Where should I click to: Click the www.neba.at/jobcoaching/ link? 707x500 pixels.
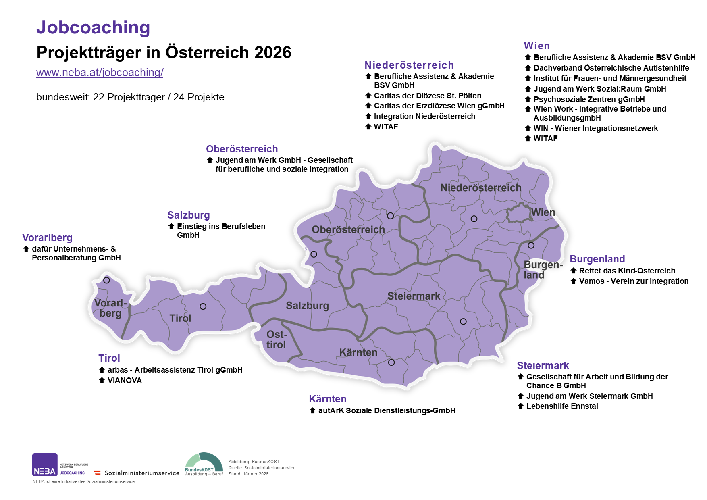point(100,73)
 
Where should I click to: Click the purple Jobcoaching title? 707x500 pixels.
point(93,27)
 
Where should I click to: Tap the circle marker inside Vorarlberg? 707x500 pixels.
point(106,280)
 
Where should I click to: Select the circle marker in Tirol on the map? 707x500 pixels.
point(203,306)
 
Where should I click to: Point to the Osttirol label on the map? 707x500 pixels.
point(276,340)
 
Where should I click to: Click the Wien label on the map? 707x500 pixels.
point(543,212)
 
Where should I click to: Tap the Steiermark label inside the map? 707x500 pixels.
point(414,296)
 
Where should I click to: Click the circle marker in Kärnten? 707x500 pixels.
point(391,362)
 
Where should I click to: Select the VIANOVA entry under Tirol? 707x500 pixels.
point(125,380)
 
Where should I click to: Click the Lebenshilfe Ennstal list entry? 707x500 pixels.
point(562,406)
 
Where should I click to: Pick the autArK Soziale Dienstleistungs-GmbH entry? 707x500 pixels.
point(387,410)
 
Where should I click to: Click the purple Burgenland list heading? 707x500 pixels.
point(597,259)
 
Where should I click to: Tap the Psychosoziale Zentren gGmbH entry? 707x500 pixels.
point(589,99)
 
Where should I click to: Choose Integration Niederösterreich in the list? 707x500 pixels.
point(424,116)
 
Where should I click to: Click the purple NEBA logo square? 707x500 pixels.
point(45,465)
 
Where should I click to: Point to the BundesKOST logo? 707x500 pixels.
point(204,464)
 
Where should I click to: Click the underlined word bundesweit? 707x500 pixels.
point(62,97)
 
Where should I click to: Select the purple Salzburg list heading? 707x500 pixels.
point(188,215)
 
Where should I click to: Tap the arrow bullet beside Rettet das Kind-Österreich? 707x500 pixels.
point(573,271)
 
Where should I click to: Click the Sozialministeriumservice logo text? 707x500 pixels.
point(141,473)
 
